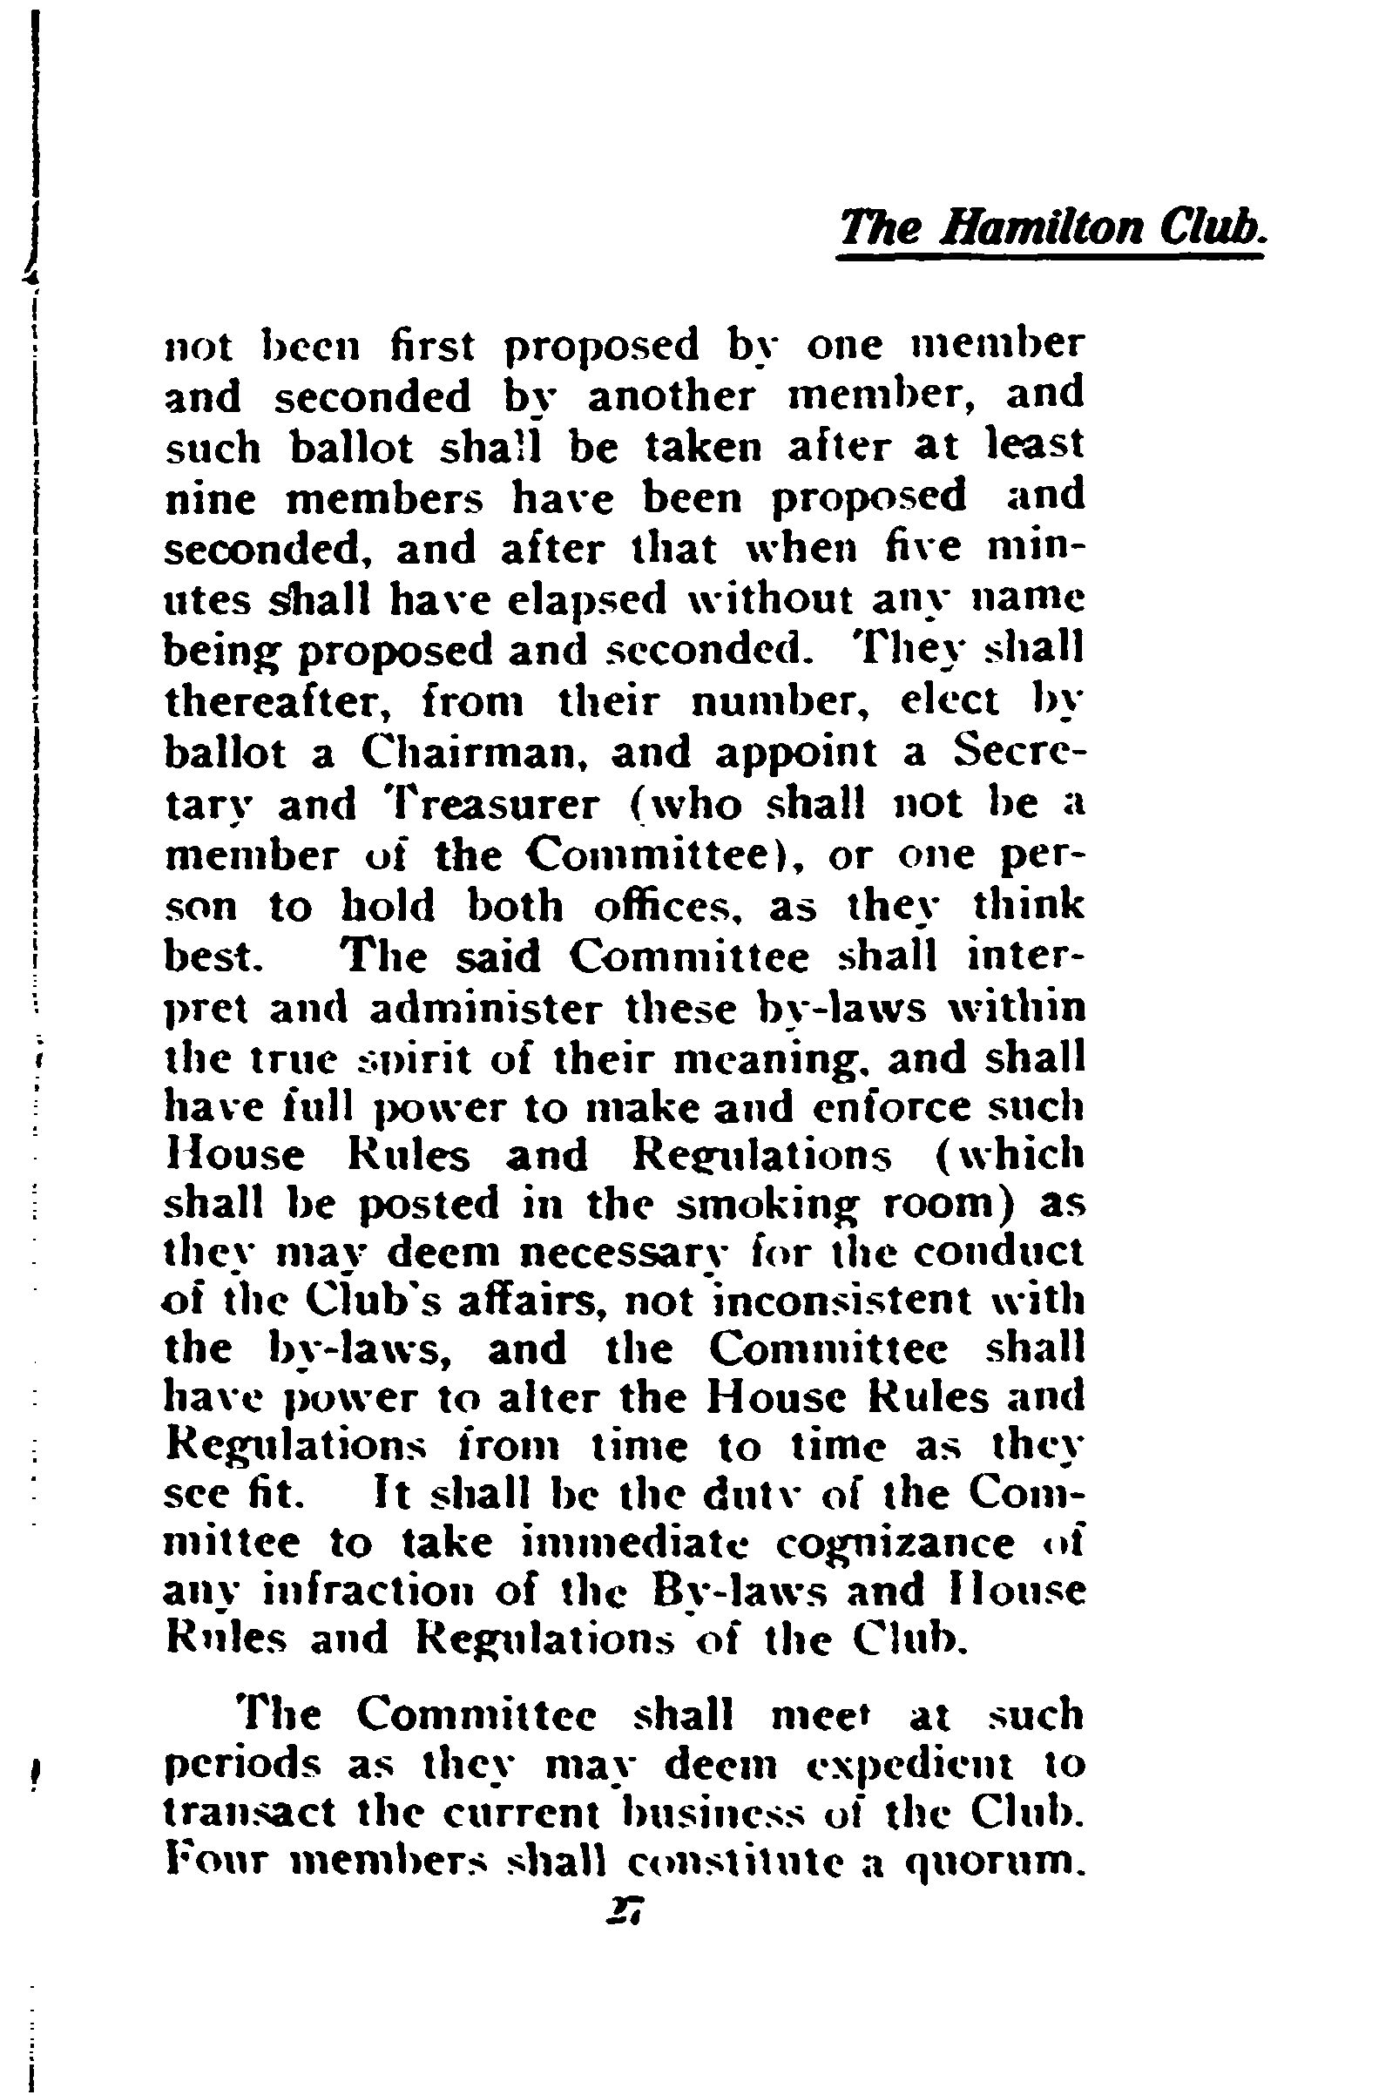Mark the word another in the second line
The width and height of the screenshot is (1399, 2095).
(x=670, y=395)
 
